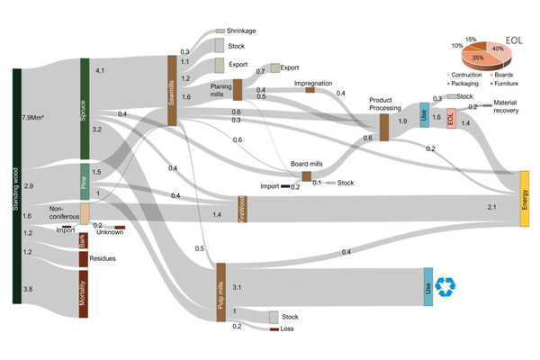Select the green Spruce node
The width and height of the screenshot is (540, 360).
pyautogui.click(x=85, y=107)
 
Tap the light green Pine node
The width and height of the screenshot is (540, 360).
pyautogui.click(x=85, y=180)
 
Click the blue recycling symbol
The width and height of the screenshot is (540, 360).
pyautogui.click(x=447, y=286)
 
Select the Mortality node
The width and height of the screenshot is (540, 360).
pyautogui.click(x=84, y=293)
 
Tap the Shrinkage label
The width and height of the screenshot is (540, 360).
pyautogui.click(x=242, y=31)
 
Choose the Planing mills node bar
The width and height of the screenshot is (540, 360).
pyautogui.click(x=238, y=89)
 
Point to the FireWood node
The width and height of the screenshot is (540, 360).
pyautogui.click(x=241, y=209)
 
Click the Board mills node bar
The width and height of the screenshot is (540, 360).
pyautogui.click(x=306, y=176)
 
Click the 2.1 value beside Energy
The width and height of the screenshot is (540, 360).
pyautogui.click(x=491, y=208)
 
